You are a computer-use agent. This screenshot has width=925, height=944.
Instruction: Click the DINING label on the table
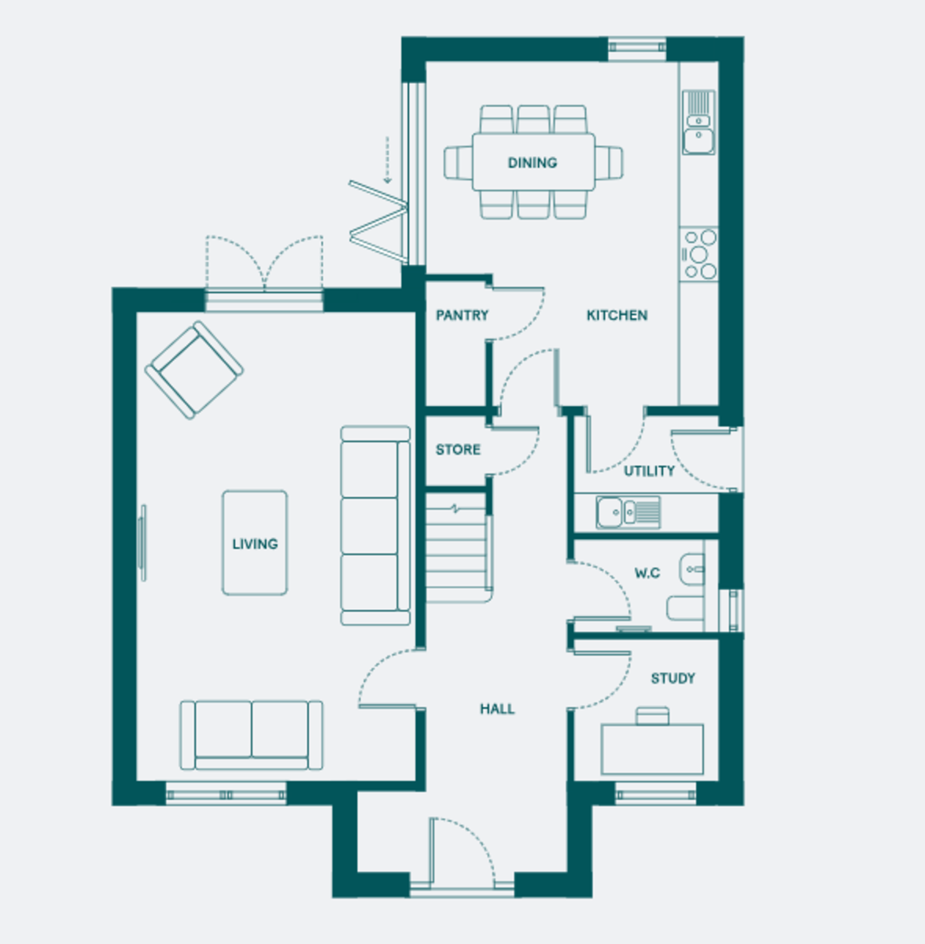(x=533, y=163)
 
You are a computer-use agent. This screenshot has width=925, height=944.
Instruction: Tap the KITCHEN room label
(x=617, y=315)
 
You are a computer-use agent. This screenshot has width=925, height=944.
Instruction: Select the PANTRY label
(x=462, y=315)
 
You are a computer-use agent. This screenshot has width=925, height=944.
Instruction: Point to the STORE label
(x=458, y=449)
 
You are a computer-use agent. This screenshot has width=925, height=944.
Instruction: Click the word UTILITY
(x=649, y=470)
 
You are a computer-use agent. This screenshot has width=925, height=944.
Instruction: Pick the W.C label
(x=647, y=573)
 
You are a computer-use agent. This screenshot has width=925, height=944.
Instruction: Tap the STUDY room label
(x=673, y=678)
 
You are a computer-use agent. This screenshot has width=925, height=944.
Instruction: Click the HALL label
(x=497, y=709)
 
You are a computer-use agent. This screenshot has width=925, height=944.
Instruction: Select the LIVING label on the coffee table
(x=255, y=544)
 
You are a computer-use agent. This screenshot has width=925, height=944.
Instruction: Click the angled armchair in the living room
(x=194, y=370)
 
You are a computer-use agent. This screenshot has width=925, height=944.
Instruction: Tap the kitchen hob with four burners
(x=698, y=254)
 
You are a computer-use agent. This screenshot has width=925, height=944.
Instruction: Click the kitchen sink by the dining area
(x=698, y=123)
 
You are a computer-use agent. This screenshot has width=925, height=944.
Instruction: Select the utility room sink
(x=628, y=512)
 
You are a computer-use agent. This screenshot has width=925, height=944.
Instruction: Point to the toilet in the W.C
(x=685, y=608)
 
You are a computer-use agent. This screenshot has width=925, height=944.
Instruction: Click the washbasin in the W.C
(x=692, y=570)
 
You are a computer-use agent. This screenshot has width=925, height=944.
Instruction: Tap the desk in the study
(x=653, y=750)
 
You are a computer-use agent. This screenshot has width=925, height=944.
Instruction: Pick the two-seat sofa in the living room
(x=252, y=736)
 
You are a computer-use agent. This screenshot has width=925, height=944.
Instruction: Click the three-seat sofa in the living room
(x=375, y=525)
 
